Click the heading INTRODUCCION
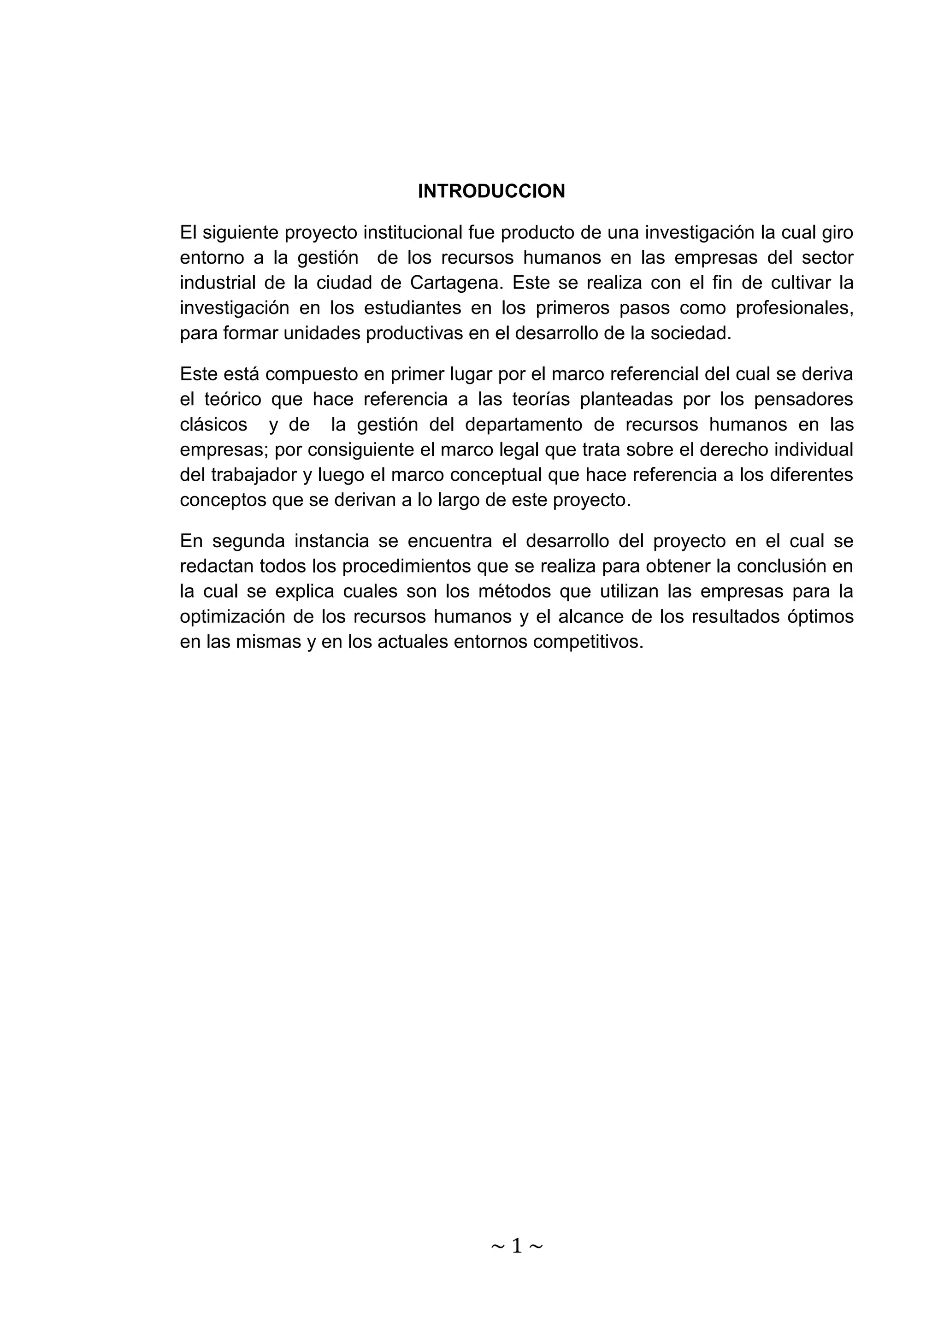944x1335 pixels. click(491, 191)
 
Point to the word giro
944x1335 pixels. click(837, 233)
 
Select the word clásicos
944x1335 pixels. click(213, 425)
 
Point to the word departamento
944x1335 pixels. click(524, 425)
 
